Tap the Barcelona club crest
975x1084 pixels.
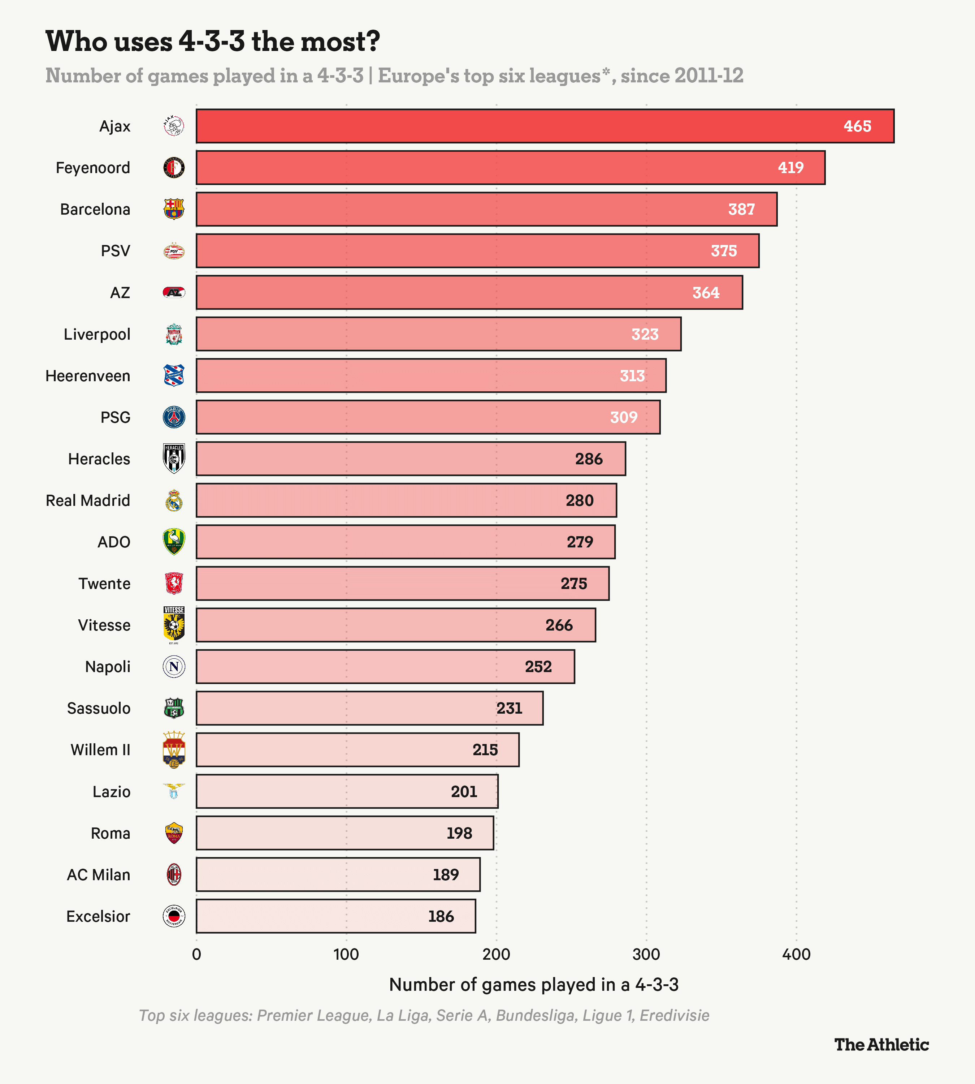click(x=174, y=209)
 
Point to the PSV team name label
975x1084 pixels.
click(x=115, y=251)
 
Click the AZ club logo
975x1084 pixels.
click(x=174, y=292)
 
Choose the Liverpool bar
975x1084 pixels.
click(x=438, y=334)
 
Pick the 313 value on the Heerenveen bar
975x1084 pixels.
click(x=632, y=376)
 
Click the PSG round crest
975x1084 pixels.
click(x=174, y=417)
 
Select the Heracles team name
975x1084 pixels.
click(x=99, y=459)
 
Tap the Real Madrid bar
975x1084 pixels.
click(x=406, y=500)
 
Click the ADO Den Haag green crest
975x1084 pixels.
click(x=174, y=542)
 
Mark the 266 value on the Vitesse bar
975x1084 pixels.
click(x=559, y=625)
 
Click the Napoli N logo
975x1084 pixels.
click(x=174, y=666)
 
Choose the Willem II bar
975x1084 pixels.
click(x=357, y=749)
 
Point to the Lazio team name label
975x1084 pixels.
click(x=112, y=792)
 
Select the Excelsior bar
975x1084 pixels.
click(x=335, y=916)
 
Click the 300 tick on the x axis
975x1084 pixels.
click(x=646, y=955)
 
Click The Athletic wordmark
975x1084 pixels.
click(x=881, y=1044)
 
